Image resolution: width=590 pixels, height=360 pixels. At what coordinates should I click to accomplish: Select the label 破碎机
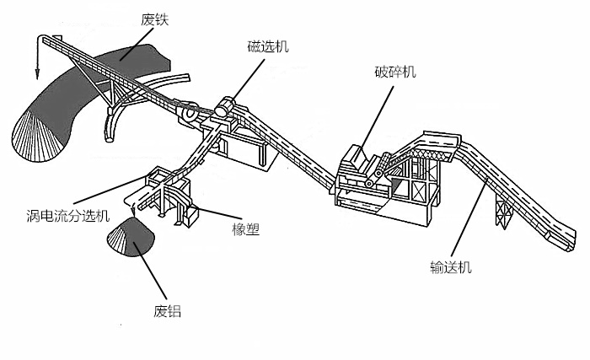tap(395, 73)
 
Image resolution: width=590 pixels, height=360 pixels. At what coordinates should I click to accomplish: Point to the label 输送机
tap(450, 268)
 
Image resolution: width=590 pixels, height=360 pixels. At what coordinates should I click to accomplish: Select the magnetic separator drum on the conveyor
tap(225, 108)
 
